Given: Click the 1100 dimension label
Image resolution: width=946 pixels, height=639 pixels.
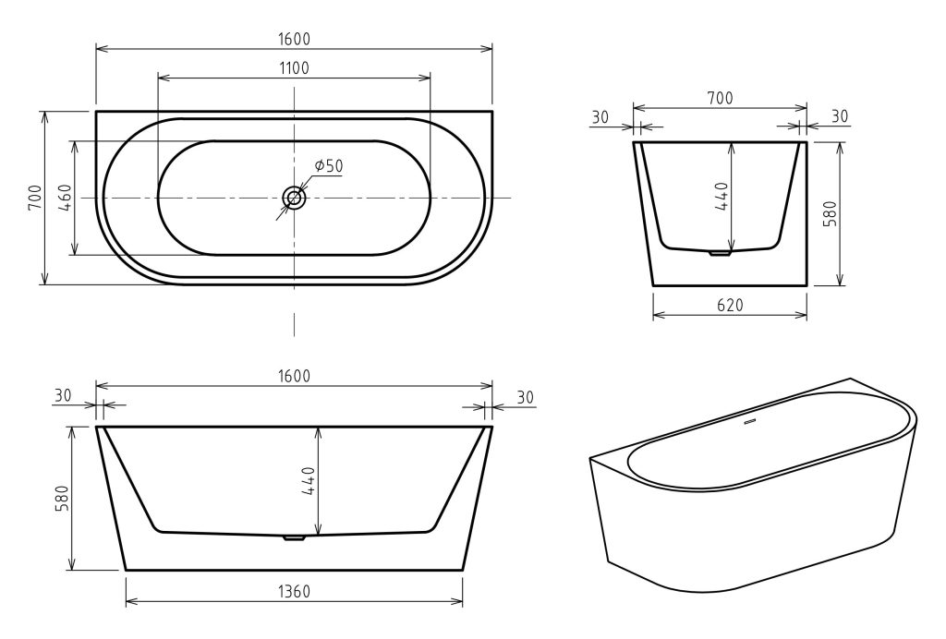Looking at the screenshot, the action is coord(295,68).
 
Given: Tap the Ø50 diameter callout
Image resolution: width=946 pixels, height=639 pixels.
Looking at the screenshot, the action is coord(328,165).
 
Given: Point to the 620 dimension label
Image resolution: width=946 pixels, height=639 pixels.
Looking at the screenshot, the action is coord(730,305).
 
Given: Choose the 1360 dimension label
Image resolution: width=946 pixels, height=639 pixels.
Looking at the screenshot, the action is coord(295,591).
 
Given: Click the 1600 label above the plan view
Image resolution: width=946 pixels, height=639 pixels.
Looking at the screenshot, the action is coord(295,39).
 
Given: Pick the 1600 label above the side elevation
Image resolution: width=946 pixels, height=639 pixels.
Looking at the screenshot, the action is coord(295,376).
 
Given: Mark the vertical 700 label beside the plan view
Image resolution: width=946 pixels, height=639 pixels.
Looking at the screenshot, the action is coord(35,197).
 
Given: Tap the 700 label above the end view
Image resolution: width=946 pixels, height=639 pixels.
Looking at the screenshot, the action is coord(720,98).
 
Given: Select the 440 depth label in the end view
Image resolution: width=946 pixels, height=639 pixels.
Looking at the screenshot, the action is coord(722,196).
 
